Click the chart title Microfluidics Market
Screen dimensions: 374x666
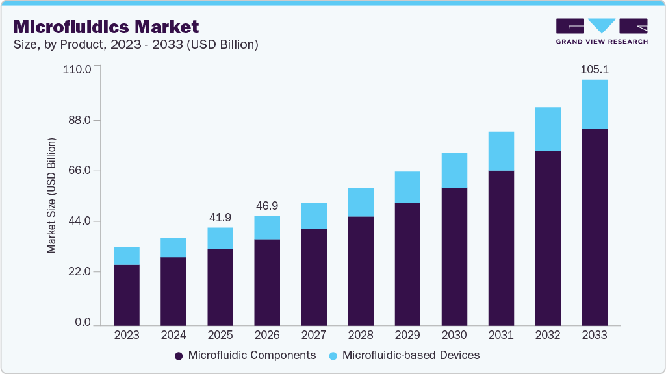point(106,27)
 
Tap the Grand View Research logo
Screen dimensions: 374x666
point(601,31)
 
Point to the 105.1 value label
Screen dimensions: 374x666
point(595,69)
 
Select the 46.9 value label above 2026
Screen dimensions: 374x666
point(267,205)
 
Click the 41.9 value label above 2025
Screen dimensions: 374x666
point(220,217)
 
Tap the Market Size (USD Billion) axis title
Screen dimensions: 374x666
point(51,195)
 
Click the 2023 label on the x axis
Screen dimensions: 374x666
point(127,335)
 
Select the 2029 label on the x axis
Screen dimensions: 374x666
point(407,335)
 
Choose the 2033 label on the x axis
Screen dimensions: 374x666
point(595,335)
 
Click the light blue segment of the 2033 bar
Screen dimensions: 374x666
point(595,105)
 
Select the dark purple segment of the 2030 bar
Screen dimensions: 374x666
point(454,256)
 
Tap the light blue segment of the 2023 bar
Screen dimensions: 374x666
point(127,256)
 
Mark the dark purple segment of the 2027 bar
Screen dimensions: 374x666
point(314,276)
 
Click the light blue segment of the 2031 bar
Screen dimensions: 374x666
point(501,151)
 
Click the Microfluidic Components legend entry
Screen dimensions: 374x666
point(245,355)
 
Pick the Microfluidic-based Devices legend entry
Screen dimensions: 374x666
point(403,355)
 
